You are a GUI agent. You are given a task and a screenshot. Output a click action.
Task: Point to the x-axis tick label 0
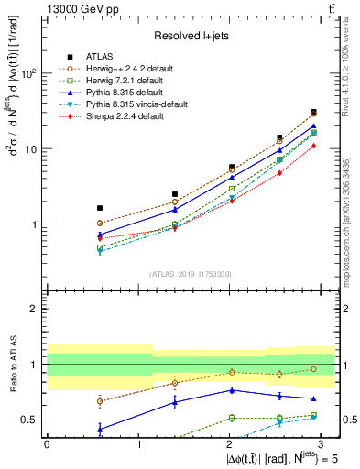[47, 442]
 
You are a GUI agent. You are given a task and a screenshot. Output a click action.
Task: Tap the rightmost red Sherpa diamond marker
[313, 146]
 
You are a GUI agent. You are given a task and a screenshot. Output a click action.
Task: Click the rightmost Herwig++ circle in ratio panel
[313, 369]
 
